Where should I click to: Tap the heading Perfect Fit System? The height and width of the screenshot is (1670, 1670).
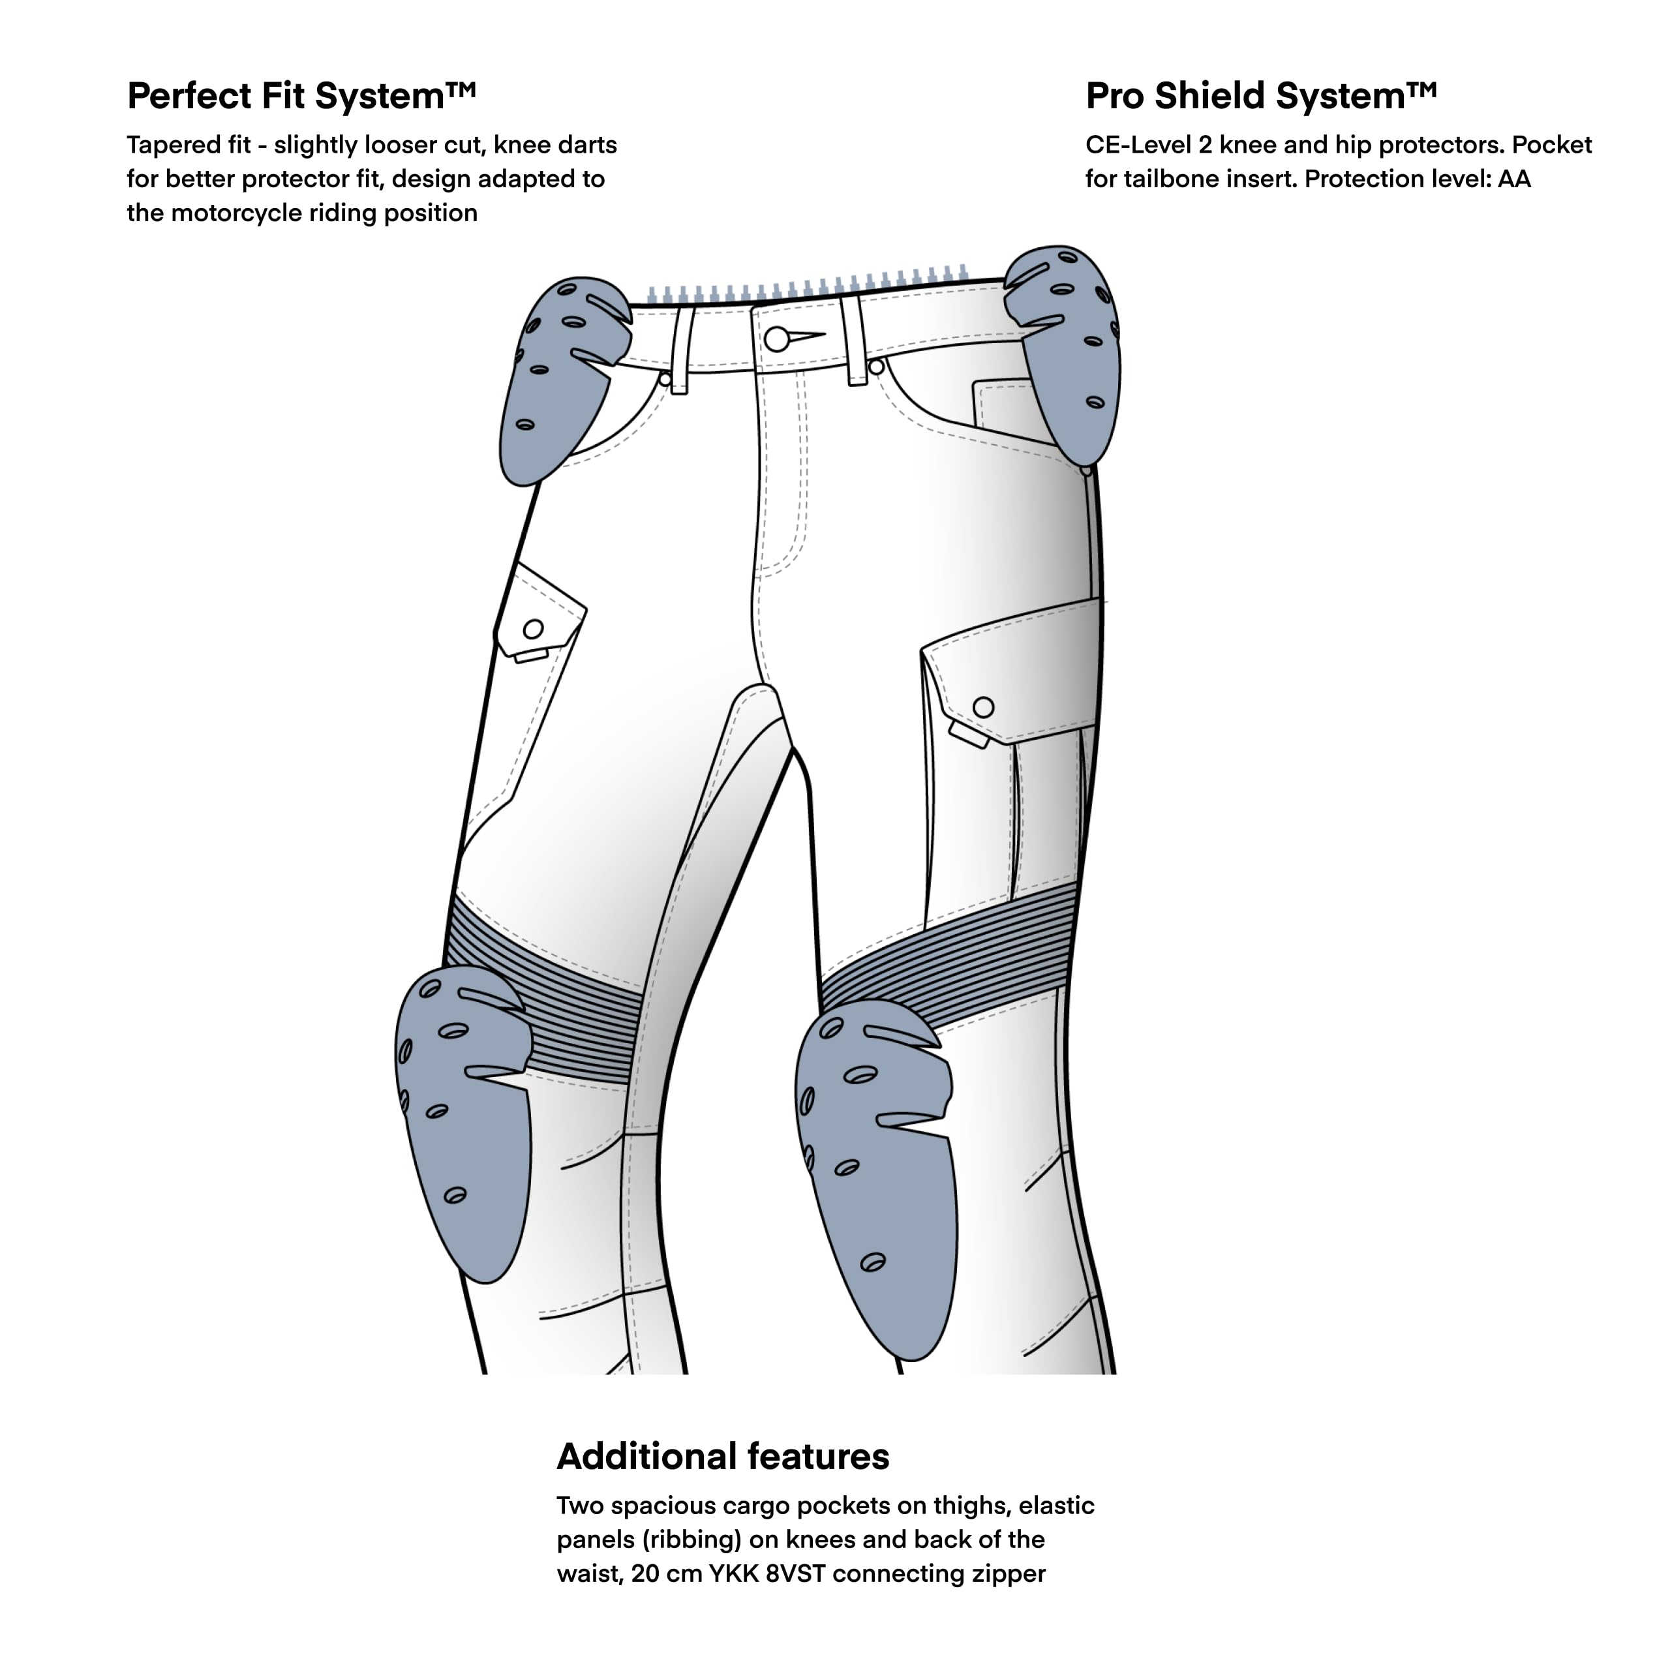(x=301, y=96)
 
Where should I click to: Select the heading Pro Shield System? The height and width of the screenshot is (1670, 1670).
(x=1261, y=96)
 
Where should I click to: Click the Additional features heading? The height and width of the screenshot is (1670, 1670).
(x=723, y=1457)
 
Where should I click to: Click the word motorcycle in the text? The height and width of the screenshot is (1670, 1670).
(x=237, y=213)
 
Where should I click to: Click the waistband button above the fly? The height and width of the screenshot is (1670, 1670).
(x=777, y=339)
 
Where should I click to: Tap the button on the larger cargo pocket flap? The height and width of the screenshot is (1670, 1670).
(x=984, y=707)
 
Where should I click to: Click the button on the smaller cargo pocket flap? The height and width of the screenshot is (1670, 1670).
(x=534, y=630)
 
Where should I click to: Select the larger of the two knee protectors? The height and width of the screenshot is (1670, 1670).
(x=875, y=1176)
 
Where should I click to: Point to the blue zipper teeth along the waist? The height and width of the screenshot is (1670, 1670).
(x=808, y=284)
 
